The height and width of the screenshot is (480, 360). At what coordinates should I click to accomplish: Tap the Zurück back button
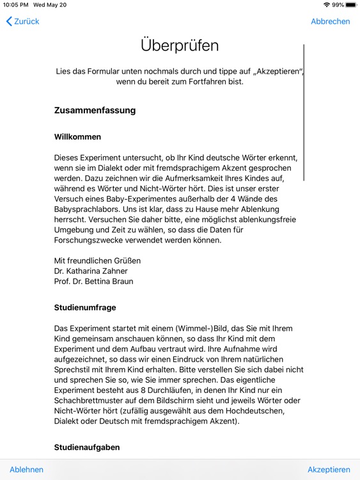pyautogui.click(x=23, y=21)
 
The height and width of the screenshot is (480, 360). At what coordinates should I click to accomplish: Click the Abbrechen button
pyautogui.click(x=330, y=21)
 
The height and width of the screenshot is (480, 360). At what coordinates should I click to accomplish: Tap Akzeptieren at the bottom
pyautogui.click(x=329, y=469)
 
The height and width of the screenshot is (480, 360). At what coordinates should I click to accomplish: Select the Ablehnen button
pyautogui.click(x=26, y=469)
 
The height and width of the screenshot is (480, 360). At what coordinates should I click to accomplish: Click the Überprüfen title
pyautogui.click(x=180, y=45)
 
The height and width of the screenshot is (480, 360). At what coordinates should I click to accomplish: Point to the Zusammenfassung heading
pyautogui.click(x=95, y=110)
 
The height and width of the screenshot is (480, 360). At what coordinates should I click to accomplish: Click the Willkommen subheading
pyautogui.click(x=77, y=137)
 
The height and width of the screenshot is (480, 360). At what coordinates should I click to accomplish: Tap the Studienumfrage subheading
pyautogui.click(x=85, y=307)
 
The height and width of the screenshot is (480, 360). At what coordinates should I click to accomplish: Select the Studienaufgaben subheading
pyautogui.click(x=86, y=447)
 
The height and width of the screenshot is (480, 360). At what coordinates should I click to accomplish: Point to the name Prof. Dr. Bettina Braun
pyautogui.click(x=93, y=281)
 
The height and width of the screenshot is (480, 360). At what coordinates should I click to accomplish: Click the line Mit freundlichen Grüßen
pyautogui.click(x=97, y=260)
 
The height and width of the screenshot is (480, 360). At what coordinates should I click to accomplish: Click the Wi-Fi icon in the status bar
pyautogui.click(x=327, y=4)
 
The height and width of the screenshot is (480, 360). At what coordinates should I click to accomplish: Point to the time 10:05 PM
pyautogui.click(x=15, y=4)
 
